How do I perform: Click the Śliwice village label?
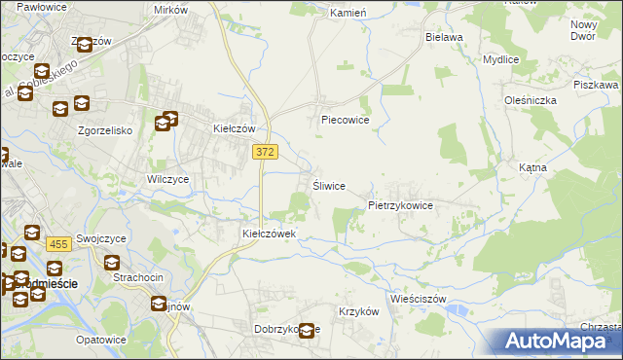[x=328, y=186]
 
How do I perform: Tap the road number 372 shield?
[x=264, y=152]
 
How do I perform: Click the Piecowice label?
[x=346, y=121]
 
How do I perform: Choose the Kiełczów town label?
[x=234, y=128]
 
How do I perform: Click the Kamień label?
[x=347, y=14]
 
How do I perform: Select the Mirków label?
[x=170, y=10]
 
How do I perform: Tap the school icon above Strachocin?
[x=112, y=263]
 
